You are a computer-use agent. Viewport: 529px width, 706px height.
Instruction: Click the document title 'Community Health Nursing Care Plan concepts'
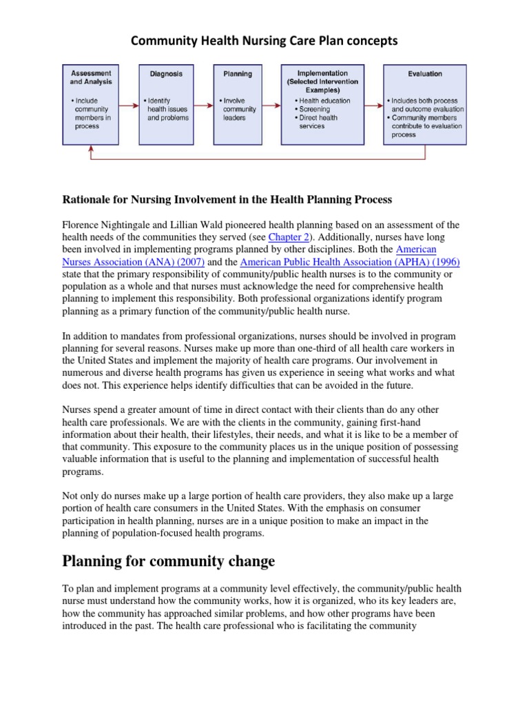264,41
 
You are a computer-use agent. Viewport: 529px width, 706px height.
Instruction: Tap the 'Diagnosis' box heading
165,74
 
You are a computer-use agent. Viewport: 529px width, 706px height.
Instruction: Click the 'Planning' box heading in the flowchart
237,74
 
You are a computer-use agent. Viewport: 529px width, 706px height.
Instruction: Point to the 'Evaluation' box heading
424,74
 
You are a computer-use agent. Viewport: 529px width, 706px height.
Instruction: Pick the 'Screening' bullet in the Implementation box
314,109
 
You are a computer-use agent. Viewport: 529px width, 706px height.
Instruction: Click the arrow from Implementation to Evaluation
373,105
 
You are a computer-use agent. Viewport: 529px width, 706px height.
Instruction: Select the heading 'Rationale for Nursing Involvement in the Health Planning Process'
227,200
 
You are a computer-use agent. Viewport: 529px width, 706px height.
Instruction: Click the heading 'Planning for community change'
169,561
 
